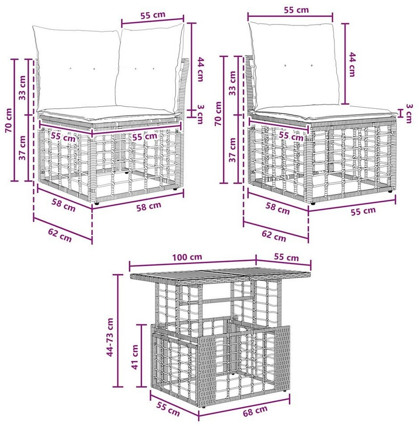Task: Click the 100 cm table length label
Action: click(187, 256)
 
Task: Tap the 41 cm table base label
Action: click(135, 357)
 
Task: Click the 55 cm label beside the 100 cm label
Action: click(286, 257)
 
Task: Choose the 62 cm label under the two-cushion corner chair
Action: click(60, 235)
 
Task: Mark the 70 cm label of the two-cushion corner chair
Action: click(8, 120)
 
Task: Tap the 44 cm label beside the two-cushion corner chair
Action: click(200, 69)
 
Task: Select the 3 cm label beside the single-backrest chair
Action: click(409, 113)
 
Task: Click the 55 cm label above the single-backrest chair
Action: click(296, 10)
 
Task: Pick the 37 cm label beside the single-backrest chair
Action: click(232, 150)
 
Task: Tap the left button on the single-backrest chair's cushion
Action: click(285, 66)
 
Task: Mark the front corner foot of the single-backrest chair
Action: click(313, 203)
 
